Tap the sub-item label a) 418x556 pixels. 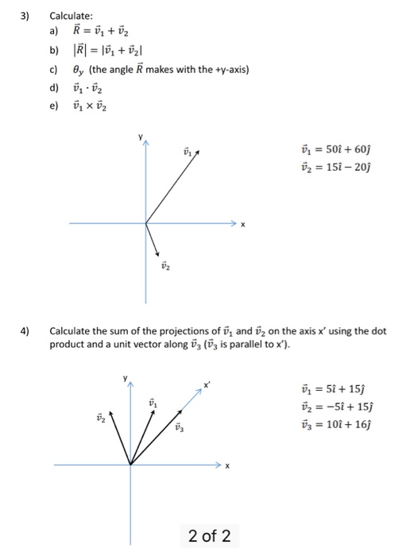[x=55, y=33]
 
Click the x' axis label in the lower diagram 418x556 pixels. [x=207, y=384]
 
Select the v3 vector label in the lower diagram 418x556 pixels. [x=180, y=429]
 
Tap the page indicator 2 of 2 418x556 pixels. [x=210, y=536]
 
